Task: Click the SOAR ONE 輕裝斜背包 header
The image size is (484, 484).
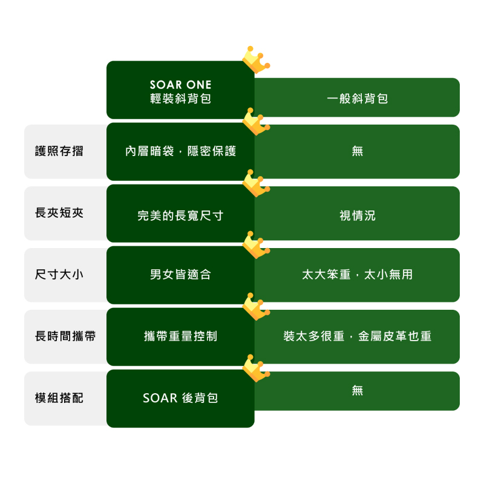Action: coord(180,91)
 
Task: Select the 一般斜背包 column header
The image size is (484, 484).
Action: coord(357,98)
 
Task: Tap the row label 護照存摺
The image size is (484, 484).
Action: coord(59,151)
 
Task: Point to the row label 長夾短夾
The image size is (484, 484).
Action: coord(59,213)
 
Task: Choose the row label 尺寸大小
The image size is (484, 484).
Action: coord(59,275)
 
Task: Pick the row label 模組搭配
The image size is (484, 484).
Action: coord(59,398)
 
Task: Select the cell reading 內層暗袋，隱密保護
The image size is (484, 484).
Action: coord(180,151)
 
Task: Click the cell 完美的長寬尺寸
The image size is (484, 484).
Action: coord(180,214)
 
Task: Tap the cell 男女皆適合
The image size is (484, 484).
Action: coord(180,275)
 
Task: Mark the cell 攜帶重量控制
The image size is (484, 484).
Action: coord(180,336)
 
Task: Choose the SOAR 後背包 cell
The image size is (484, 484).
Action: coord(180,398)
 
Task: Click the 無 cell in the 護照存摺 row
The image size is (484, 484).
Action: coord(357,151)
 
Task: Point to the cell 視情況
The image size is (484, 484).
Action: coord(357,215)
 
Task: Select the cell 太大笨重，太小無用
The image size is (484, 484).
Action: coord(357,275)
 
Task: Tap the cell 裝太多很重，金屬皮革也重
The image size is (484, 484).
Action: coord(357,336)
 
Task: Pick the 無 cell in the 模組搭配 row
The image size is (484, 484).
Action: coord(357,391)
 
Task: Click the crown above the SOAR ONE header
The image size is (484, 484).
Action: coord(255,59)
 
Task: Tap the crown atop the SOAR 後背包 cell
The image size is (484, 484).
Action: coord(255,368)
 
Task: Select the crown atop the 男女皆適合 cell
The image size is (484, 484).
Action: coord(255,244)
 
